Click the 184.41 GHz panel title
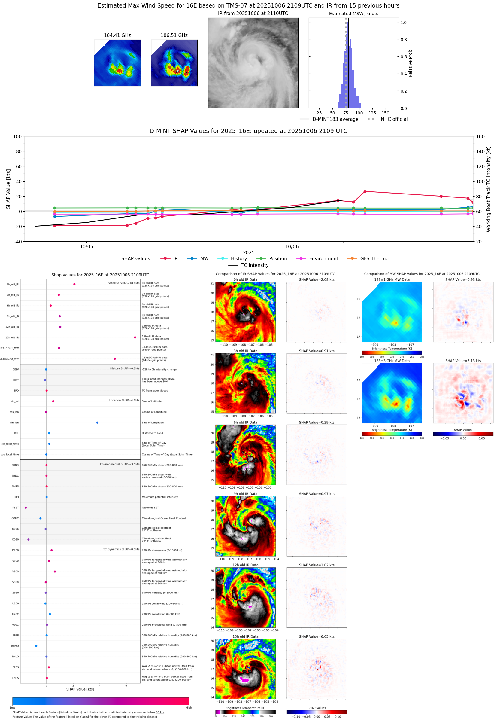(117, 35)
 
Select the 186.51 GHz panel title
(174, 35)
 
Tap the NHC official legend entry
(394, 119)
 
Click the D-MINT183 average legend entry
(335, 119)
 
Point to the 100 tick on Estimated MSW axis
(359, 113)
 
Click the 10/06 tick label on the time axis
(292, 247)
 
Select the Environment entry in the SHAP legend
(323, 259)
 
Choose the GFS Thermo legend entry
(374, 259)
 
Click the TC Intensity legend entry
(254, 265)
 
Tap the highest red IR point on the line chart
(365, 192)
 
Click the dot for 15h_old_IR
(135, 337)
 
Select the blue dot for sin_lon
(98, 423)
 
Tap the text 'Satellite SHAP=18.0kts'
(124, 283)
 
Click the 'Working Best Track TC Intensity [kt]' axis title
(488, 189)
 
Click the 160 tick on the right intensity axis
(480, 137)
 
